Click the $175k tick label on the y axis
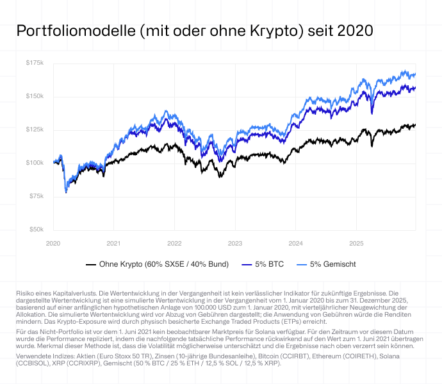click(35, 63)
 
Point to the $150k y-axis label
click(35, 96)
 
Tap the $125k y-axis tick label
click(35, 129)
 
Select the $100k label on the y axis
click(35, 163)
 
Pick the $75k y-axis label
click(36, 196)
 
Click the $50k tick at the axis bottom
click(36, 230)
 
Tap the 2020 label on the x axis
click(53, 244)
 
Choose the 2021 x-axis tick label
click(113, 244)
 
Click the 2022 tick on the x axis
click(174, 244)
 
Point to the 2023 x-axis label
click(235, 244)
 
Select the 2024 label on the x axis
click(295, 244)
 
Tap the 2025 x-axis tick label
click(356, 244)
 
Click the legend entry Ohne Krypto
click(161, 264)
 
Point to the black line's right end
click(415, 125)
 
